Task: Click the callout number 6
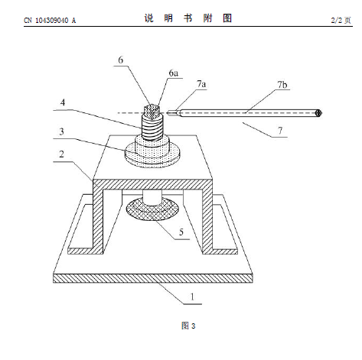(121, 60)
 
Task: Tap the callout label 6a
(174, 73)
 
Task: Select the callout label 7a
(201, 84)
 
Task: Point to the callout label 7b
(282, 85)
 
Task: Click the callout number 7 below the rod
(280, 131)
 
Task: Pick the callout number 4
(63, 102)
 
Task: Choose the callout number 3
(61, 131)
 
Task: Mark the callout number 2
(61, 154)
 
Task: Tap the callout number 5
(181, 232)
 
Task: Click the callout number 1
(192, 297)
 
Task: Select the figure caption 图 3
(188, 326)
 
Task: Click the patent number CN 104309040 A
(50, 21)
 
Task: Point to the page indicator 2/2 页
(341, 21)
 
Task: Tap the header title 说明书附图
(188, 18)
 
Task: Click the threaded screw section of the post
(152, 128)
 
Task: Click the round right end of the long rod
(318, 113)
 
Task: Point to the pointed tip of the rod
(167, 112)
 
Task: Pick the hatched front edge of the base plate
(153, 278)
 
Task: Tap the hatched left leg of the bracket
(98, 219)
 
